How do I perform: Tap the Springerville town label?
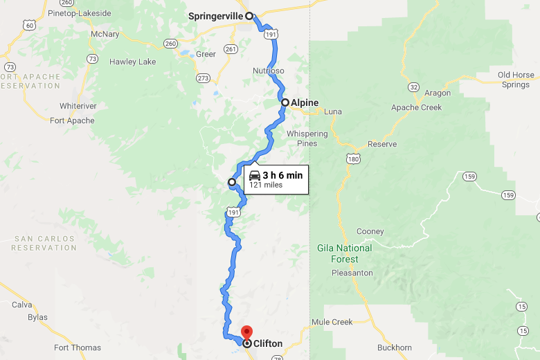(216, 15)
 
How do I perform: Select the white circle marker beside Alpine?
(285, 102)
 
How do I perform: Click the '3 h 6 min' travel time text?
(282, 175)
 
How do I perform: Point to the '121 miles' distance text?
(266, 186)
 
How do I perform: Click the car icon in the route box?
(255, 175)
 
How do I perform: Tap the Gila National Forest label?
(345, 253)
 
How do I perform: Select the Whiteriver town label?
(78, 106)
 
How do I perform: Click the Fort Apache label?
(72, 120)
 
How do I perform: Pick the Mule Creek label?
(332, 322)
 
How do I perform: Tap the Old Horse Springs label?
(516, 80)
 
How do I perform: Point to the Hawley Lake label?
(133, 62)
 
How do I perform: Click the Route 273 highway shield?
(204, 78)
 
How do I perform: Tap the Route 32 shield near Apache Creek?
(413, 87)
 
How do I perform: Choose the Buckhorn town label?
(395, 348)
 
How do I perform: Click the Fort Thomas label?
(78, 348)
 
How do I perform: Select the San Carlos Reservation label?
(44, 243)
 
